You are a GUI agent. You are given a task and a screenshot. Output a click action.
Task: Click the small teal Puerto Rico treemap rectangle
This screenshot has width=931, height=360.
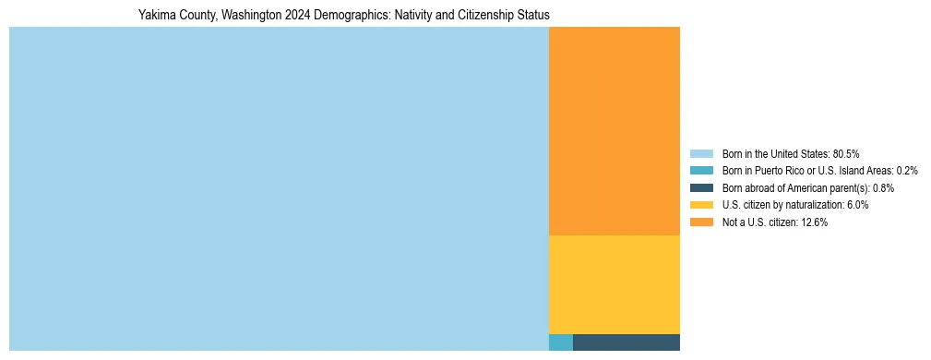coord(560,342)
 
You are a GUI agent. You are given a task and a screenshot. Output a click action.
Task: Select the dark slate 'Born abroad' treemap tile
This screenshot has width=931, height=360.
coord(627,342)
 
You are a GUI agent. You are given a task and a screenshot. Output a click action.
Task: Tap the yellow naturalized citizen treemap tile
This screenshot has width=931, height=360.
coord(615,284)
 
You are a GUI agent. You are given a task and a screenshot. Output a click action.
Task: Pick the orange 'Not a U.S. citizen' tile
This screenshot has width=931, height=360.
coord(615,130)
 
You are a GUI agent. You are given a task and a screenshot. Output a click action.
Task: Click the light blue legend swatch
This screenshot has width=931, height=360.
coord(701,153)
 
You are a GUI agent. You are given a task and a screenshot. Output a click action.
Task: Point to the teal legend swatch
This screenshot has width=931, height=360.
coord(701,171)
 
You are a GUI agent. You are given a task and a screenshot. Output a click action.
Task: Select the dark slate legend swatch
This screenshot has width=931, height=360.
coord(701,187)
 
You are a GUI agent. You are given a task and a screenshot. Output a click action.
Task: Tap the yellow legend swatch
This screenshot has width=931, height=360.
coord(701,205)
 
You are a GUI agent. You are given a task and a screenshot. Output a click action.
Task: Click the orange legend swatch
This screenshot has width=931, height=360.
coord(701,222)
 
